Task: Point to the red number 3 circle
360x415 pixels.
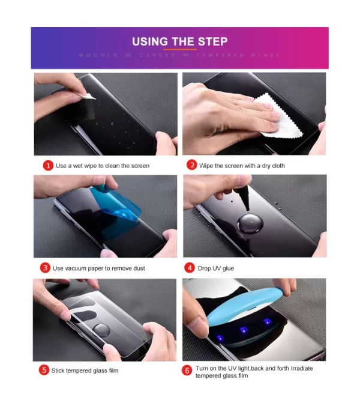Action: tap(45, 267)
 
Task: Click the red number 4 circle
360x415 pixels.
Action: tap(190, 267)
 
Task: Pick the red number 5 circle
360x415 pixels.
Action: tap(44, 370)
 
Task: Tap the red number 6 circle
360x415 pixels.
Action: tap(187, 371)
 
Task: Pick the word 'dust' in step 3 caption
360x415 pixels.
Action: tap(137, 268)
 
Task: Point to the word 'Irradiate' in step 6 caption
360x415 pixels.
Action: tap(301, 368)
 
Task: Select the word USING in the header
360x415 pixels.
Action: tap(150, 41)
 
